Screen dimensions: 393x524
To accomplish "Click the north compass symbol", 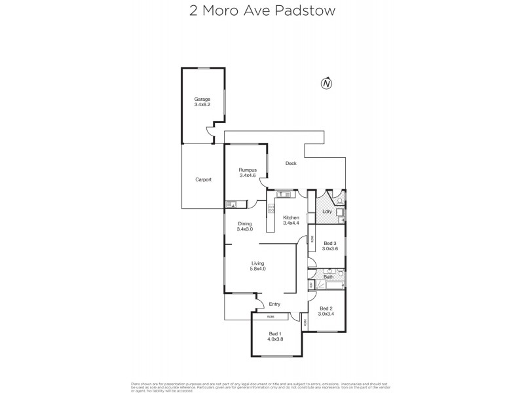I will pos(326,83).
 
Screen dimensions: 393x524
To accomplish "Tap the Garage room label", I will pos(202,100).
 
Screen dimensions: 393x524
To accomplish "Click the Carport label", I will pos(203,179).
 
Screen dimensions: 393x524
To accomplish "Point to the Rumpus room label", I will pos(247,170).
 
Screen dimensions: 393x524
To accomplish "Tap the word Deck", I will pos(291,164).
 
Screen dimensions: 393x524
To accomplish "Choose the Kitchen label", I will pos(291,217).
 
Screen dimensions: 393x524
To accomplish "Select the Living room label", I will pos(257,263).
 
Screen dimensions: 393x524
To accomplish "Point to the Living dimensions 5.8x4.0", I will pos(257,269).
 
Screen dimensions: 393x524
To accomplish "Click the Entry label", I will pos(274,303).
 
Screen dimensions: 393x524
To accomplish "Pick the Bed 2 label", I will pos(326,309).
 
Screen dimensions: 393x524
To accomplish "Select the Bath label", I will pos(328,277).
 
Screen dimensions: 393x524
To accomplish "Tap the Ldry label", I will pos(327,212).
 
